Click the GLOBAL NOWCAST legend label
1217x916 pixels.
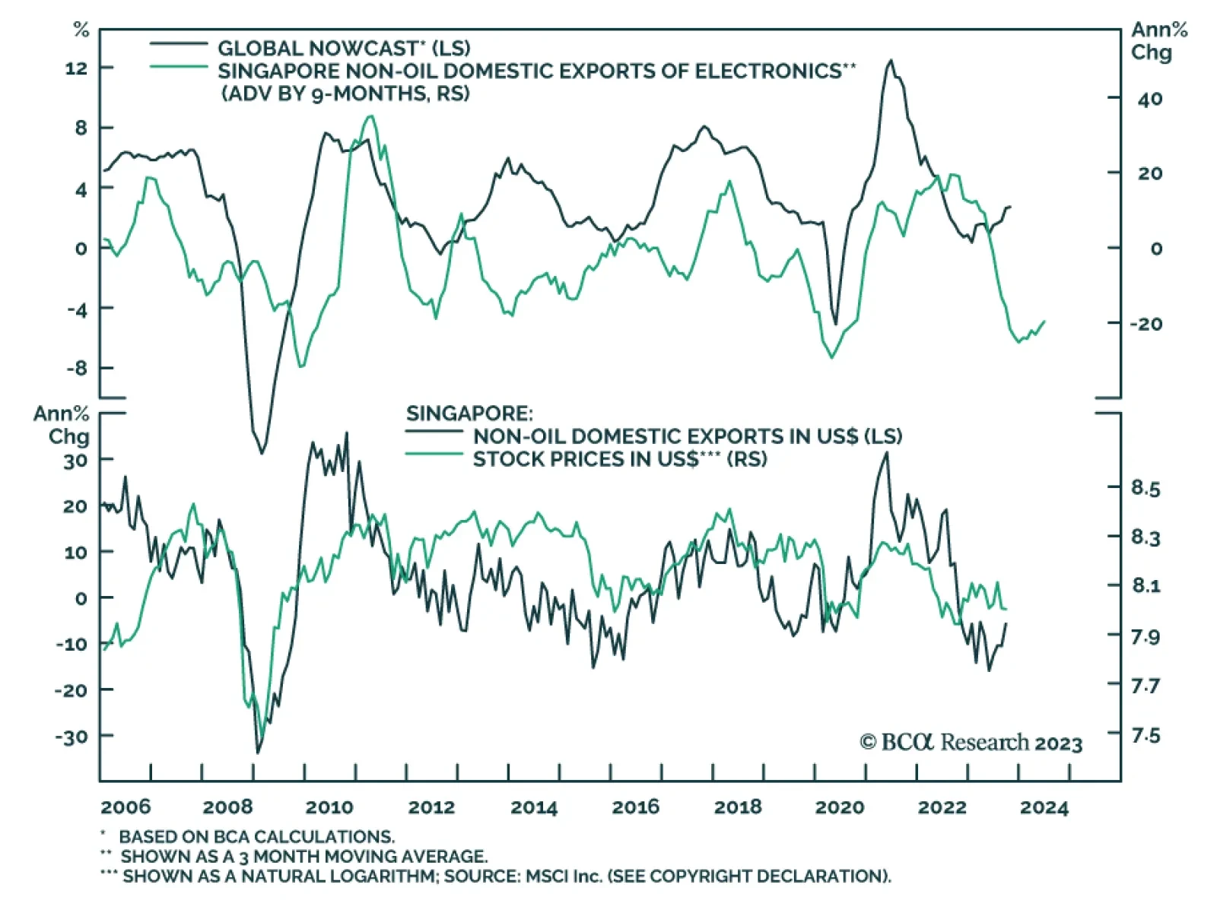point(344,49)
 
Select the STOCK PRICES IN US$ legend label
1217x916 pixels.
point(619,459)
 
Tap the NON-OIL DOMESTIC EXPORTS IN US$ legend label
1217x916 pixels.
point(687,436)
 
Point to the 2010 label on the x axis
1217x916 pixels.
point(329,807)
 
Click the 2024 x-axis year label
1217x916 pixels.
point(1044,807)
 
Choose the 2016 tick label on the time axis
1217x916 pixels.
point(635,807)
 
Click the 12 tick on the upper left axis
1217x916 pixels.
point(76,68)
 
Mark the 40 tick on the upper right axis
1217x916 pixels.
point(1149,99)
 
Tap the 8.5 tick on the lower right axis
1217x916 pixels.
point(1146,488)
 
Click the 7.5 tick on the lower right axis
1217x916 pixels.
point(1146,736)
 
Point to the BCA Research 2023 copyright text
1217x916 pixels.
point(971,743)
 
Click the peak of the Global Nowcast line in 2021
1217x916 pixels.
point(891,61)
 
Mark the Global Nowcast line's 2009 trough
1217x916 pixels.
point(262,453)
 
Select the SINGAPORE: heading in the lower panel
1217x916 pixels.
point(469,414)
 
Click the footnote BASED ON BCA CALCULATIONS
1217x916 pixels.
point(256,837)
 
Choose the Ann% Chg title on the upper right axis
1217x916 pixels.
point(1158,41)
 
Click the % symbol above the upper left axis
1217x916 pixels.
point(81,30)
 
